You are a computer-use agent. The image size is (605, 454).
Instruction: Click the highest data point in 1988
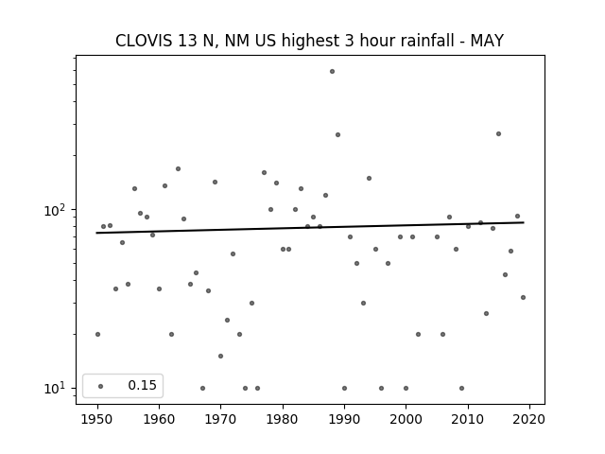coord(332,72)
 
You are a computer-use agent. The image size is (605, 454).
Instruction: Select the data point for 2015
coord(498,134)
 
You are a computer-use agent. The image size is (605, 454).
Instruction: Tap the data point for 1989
coord(338,134)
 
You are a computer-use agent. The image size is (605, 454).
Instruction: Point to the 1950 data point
coord(97,334)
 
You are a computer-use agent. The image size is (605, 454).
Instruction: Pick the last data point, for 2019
coord(523,298)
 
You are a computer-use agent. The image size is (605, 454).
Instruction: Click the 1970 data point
coord(220,356)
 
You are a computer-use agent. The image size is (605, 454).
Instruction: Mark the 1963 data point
coord(178,168)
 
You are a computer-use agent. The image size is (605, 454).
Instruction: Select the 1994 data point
coord(369,179)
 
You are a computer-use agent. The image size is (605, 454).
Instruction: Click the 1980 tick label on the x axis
coord(283,419)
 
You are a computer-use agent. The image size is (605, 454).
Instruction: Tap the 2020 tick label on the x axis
coord(529,419)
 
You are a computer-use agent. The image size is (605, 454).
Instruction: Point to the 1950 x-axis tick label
coord(97,419)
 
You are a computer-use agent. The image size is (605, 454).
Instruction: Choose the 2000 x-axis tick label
coord(406,419)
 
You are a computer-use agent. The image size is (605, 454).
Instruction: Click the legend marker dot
coord(101,386)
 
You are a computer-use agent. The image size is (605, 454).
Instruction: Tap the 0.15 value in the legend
coord(143,385)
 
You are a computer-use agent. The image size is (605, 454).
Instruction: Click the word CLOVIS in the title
coord(144,41)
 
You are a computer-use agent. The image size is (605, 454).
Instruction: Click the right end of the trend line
coord(524,222)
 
